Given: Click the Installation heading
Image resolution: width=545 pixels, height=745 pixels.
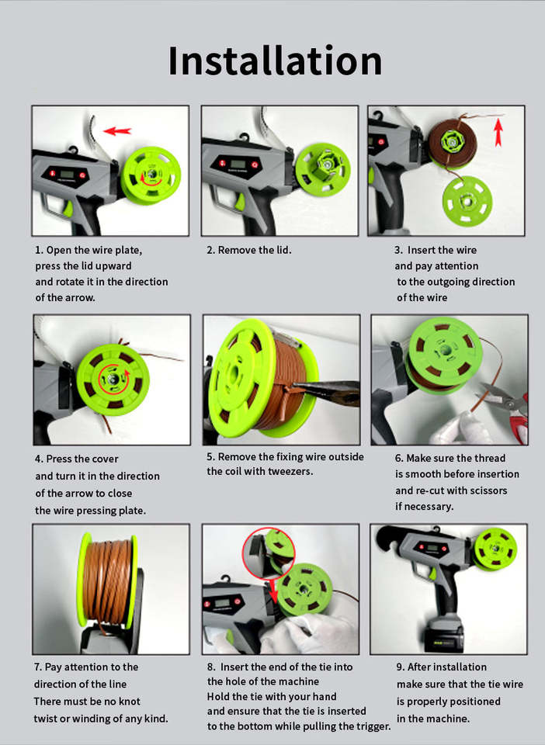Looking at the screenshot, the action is (x=275, y=61).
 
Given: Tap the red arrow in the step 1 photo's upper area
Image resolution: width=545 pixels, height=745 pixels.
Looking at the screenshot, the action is (x=117, y=130).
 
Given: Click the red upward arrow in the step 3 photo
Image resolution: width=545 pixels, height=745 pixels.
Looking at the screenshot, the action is (x=498, y=132).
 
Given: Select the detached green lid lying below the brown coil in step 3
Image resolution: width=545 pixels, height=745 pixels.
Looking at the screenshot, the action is (x=467, y=201).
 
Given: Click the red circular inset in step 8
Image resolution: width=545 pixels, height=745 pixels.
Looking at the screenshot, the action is (x=269, y=553).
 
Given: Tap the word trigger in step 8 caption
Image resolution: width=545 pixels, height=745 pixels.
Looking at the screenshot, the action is (x=374, y=726).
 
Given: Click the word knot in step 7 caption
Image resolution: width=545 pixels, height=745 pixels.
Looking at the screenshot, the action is (x=128, y=702).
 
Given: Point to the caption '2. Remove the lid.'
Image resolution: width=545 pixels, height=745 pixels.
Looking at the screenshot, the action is (x=249, y=250).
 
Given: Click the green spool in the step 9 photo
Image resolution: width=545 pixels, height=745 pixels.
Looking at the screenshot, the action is (x=495, y=549).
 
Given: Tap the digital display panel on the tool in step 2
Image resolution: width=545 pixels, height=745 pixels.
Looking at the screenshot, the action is (x=238, y=165).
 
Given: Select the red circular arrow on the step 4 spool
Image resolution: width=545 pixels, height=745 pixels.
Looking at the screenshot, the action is (x=113, y=379).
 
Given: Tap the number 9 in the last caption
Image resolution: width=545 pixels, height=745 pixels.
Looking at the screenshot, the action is (x=400, y=667).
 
